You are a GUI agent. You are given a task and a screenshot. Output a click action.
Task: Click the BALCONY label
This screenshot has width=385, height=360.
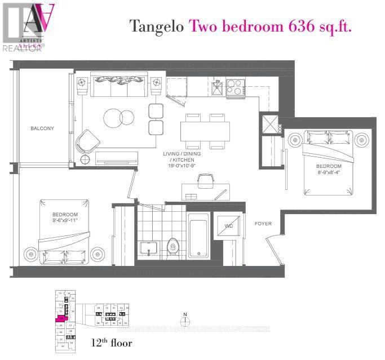tap(42, 128)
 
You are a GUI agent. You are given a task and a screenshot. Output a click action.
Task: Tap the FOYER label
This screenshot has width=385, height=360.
tap(263, 224)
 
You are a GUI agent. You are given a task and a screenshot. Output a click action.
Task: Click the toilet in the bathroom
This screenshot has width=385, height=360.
tap(174, 245)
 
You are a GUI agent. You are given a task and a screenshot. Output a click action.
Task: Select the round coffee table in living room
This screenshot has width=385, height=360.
tap(119, 117)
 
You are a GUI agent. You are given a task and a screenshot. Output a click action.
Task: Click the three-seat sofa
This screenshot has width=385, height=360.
tap(118, 86)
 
